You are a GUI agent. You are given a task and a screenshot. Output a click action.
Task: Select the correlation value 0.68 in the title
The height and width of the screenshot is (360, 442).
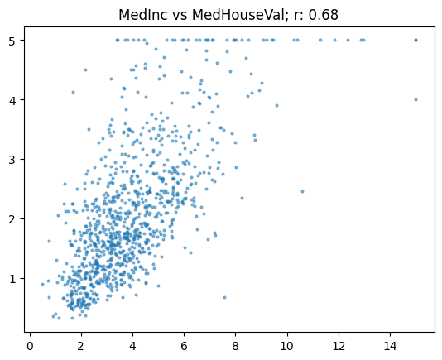point(324,15)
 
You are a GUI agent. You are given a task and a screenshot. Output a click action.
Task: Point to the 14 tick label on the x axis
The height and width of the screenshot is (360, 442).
point(390,346)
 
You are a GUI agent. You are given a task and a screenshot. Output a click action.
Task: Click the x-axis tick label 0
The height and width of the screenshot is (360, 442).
point(30,346)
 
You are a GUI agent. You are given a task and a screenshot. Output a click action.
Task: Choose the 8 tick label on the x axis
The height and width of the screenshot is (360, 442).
point(235,346)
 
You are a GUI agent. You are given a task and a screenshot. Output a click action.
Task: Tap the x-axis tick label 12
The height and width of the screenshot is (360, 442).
point(339,346)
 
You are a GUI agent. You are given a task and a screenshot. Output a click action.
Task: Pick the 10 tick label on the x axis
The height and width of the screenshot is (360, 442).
point(287,346)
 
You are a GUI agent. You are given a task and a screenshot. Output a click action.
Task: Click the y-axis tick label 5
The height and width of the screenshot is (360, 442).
point(12,41)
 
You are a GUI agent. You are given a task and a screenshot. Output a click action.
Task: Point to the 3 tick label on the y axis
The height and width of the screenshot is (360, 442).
point(12,159)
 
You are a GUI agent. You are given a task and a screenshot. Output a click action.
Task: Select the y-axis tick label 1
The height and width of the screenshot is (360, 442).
point(12,279)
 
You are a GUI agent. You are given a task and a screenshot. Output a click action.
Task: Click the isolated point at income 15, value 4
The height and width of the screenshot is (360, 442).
point(416,99)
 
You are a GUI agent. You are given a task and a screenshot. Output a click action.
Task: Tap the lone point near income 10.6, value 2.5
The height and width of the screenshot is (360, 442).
point(302,191)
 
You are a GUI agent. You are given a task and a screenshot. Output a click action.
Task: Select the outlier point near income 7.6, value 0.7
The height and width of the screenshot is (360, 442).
point(224,297)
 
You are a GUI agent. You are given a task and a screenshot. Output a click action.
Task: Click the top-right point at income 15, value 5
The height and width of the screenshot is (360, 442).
point(416,40)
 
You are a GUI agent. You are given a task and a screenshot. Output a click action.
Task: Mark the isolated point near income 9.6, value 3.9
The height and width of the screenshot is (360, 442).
point(276,105)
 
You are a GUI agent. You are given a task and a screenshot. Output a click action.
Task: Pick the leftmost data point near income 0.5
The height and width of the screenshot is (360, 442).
point(42,284)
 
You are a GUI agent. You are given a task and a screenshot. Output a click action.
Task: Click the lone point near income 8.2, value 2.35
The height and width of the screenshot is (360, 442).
point(242,198)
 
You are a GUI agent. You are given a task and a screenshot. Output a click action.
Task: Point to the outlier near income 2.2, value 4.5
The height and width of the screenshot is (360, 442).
point(86,70)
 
